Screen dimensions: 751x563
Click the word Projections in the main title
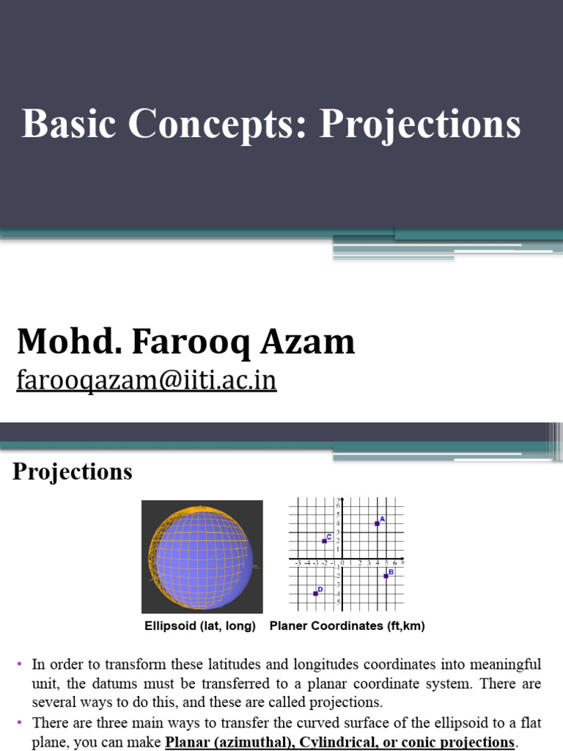click(x=420, y=125)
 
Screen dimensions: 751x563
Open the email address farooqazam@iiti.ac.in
click(x=146, y=381)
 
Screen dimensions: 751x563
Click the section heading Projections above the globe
click(x=73, y=472)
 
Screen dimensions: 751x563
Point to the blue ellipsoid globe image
click(x=202, y=557)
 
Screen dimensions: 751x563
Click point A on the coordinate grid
click(x=377, y=523)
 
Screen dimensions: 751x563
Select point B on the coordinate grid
click(x=386, y=576)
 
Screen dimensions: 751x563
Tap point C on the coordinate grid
click(x=324, y=541)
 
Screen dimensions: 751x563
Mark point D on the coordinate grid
click(x=315, y=593)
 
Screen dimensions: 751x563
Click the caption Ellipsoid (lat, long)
click(x=199, y=626)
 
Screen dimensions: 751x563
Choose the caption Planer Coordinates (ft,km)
click(x=347, y=626)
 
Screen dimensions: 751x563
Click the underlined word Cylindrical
click(x=327, y=742)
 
